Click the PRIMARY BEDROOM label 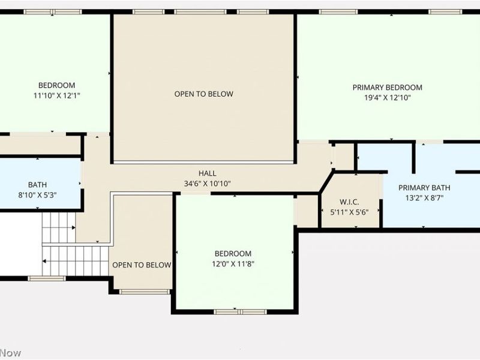tap(387, 87)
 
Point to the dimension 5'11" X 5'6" tap(349, 212)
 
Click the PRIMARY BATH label tap(424, 187)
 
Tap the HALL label tap(208, 173)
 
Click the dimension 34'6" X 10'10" tap(208, 184)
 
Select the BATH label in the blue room tap(37, 185)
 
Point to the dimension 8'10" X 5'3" tap(37, 194)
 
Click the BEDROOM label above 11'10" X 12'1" tap(56, 85)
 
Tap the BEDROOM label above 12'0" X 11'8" tap(233, 254)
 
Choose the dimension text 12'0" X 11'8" tap(233, 264)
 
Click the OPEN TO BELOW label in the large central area tap(203, 94)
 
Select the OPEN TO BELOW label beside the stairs tap(142, 265)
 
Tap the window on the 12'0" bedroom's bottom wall tap(233, 311)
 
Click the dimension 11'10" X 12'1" tap(56, 95)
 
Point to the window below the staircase tap(47, 278)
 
